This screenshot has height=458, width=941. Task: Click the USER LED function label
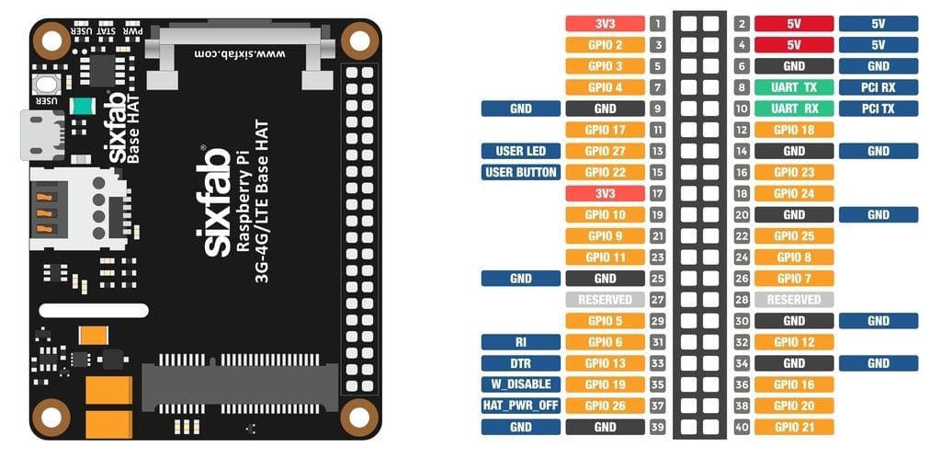[520, 151]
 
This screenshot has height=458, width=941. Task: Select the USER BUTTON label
[520, 172]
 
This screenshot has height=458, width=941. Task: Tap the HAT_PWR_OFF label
[520, 405]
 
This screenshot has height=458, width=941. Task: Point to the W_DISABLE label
[520, 384]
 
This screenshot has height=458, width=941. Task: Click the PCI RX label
[878, 87]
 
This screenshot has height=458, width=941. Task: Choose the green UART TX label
[794, 87]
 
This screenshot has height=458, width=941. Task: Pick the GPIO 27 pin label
[605, 151]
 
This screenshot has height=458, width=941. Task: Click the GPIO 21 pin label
[794, 427]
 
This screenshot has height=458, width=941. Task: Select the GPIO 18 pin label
[794, 130]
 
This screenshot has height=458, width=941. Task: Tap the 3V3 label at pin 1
[605, 24]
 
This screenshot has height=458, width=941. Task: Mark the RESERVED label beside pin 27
[605, 300]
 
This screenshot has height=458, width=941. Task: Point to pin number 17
[657, 193]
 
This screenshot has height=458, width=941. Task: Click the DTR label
[520, 362]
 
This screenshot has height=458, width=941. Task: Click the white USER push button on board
[44, 85]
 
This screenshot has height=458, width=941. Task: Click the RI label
[520, 341]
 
